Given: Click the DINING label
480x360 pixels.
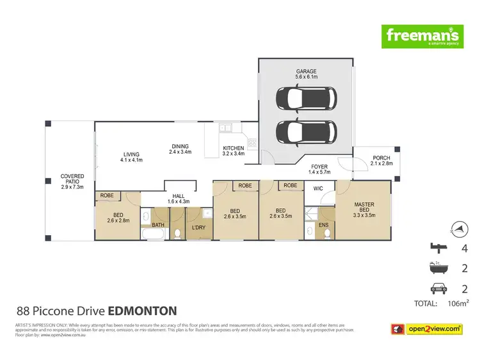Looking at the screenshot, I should (180, 149).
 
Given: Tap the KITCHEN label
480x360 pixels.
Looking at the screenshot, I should (234, 151).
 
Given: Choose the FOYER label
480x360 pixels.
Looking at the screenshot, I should (320, 169).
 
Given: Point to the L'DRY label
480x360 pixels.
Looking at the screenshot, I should (197, 227).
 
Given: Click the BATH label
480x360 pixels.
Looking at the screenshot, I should (157, 225).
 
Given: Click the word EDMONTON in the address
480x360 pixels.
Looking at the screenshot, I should (142, 311).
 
